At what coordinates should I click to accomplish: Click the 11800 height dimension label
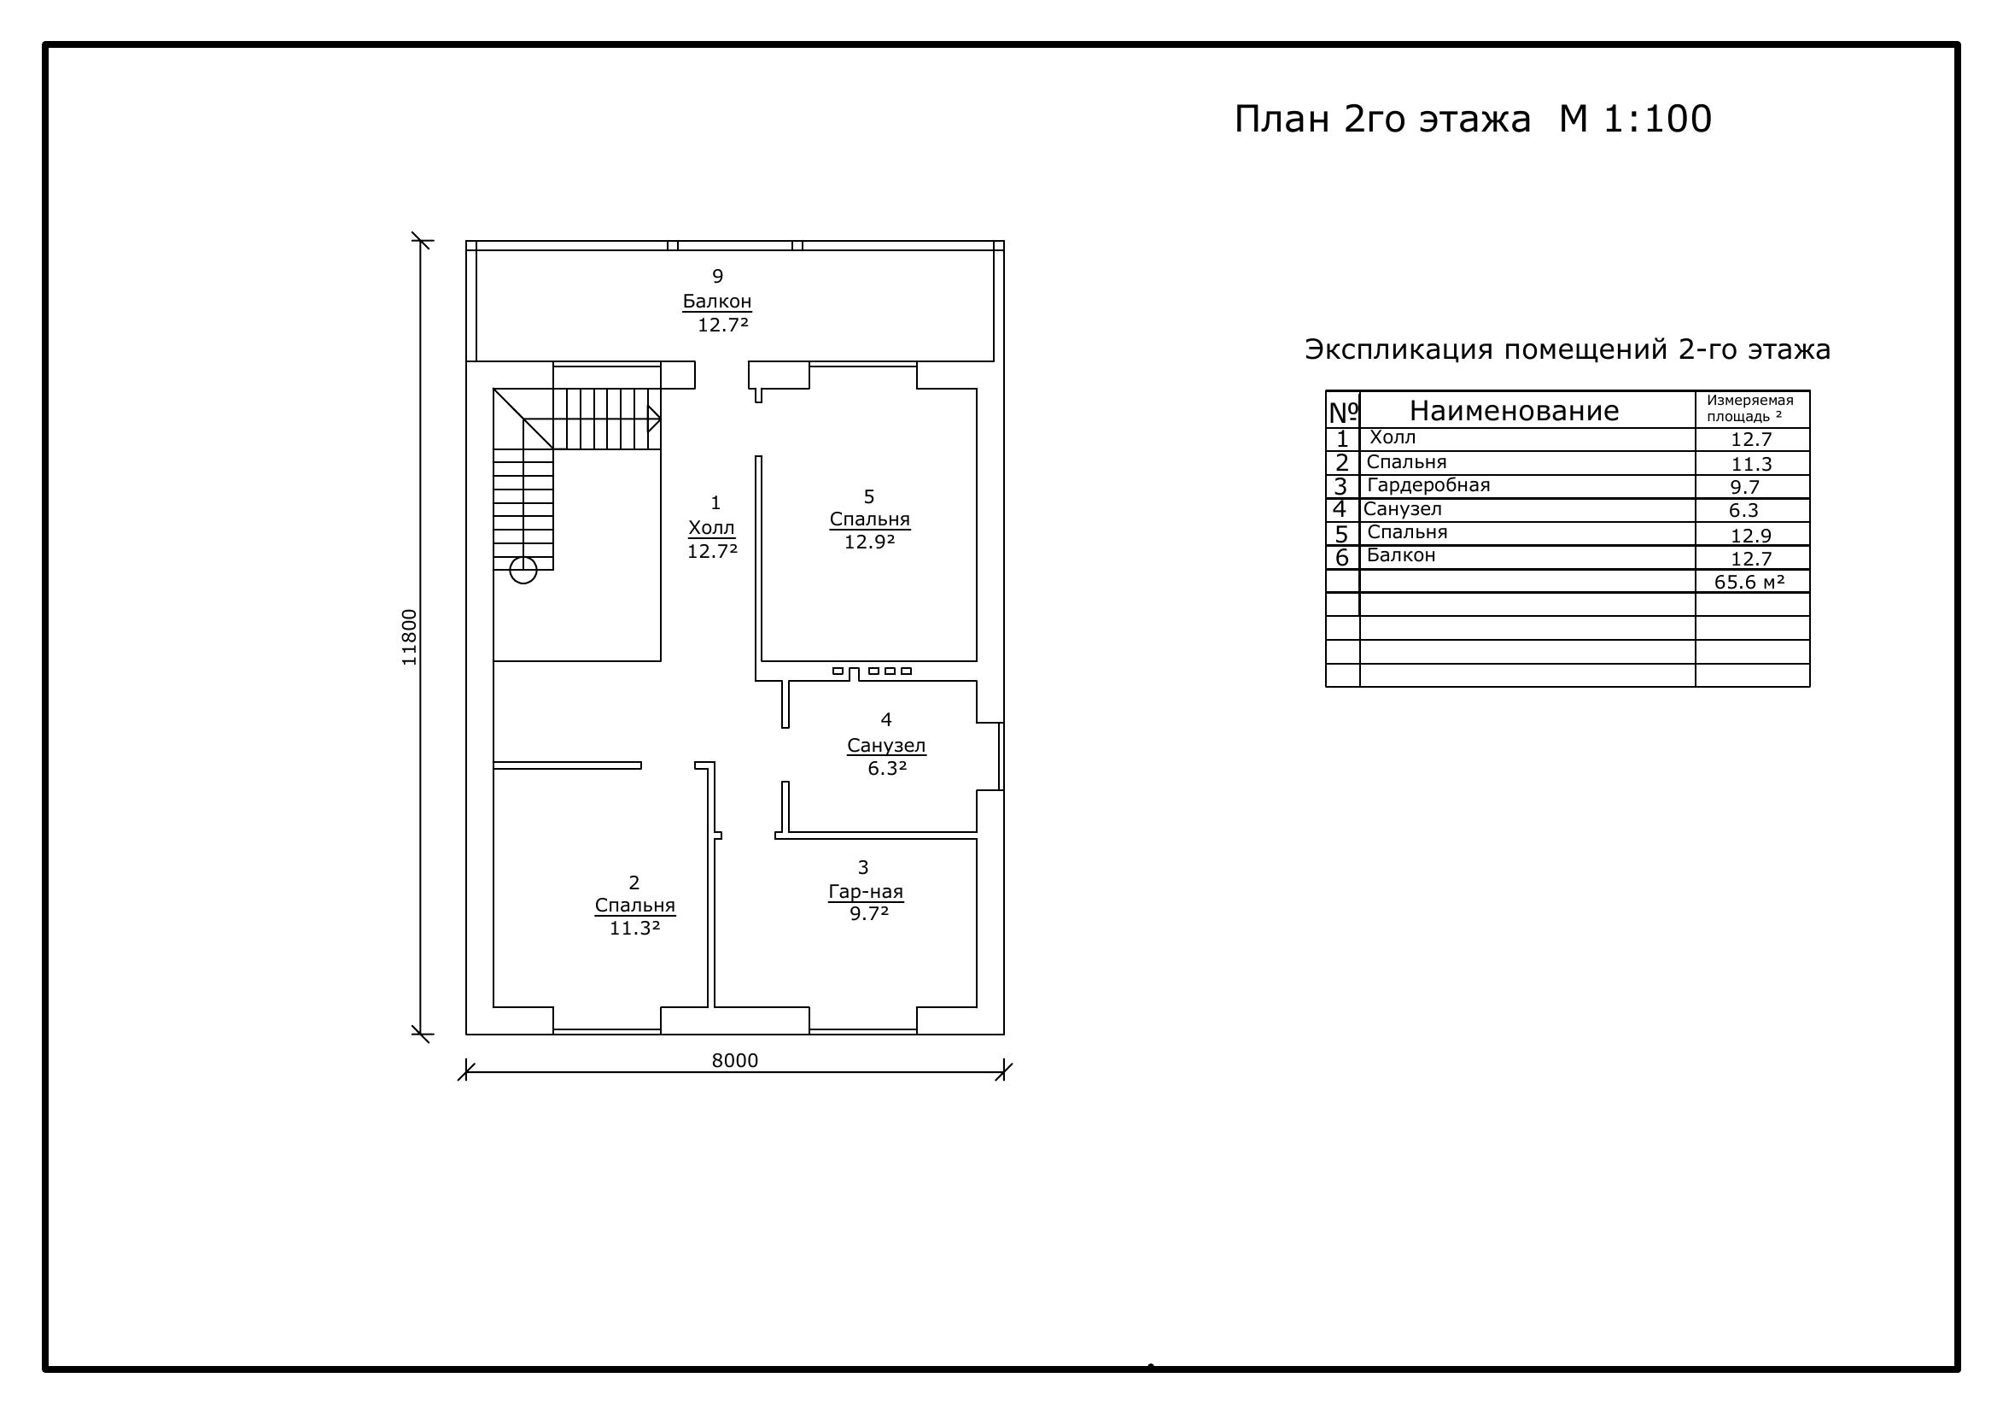click(x=409, y=637)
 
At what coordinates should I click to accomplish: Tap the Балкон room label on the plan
click(x=716, y=301)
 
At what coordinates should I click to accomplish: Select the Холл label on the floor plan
click(x=711, y=527)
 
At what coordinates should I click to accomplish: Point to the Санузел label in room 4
click(x=886, y=746)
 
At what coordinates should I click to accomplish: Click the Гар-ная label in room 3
click(x=866, y=892)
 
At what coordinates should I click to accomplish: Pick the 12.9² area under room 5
click(x=870, y=542)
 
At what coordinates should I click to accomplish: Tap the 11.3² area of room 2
click(x=635, y=929)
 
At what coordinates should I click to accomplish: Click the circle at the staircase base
click(x=523, y=570)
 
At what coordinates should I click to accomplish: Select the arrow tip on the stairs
click(x=660, y=419)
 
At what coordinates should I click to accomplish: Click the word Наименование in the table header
click(x=1515, y=411)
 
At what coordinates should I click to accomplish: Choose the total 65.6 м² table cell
click(x=1749, y=582)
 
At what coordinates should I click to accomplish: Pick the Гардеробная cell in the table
click(x=1428, y=485)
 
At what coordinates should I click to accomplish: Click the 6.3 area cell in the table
click(x=1744, y=511)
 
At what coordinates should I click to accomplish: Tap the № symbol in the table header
click(x=1344, y=412)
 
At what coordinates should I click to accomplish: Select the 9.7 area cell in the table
click(x=1745, y=487)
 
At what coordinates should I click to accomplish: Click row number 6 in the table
click(x=1342, y=558)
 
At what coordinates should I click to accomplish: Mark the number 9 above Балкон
click(x=717, y=276)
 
